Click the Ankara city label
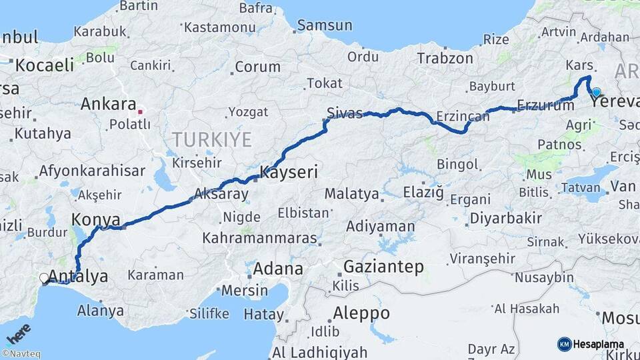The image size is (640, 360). click(109, 104)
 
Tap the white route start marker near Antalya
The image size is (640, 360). click(44, 278)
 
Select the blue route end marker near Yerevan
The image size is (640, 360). click(596, 93)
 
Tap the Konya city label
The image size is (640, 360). click(95, 219)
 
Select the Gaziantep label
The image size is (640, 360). click(383, 267)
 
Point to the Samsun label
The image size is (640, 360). click(325, 25)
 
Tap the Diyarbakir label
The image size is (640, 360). click(505, 218)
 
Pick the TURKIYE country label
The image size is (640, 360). click(212, 139)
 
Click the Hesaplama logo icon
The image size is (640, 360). click(564, 344)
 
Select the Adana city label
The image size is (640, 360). click(278, 270)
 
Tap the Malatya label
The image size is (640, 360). click(351, 194)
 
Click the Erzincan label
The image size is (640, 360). click(463, 117)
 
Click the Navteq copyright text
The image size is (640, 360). click(21, 354)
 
